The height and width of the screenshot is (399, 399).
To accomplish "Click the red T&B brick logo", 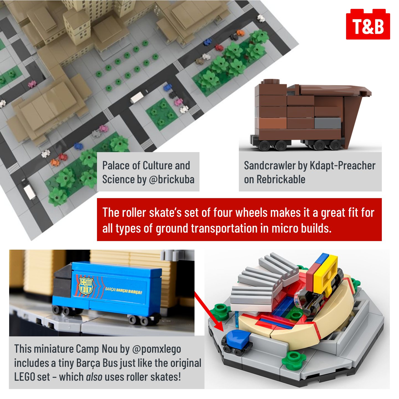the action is tap(368, 24).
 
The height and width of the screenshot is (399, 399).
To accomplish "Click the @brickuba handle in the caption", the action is tap(172, 179).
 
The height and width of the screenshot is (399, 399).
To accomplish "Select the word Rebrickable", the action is tap(281, 179).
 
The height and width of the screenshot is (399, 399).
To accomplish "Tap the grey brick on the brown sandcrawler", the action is tap(328, 123).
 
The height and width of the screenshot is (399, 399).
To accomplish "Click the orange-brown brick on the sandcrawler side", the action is tap(273, 123).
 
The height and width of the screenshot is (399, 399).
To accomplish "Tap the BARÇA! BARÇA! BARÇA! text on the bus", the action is tap(123, 291).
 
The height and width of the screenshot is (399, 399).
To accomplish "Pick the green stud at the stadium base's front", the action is tap(294, 361).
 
